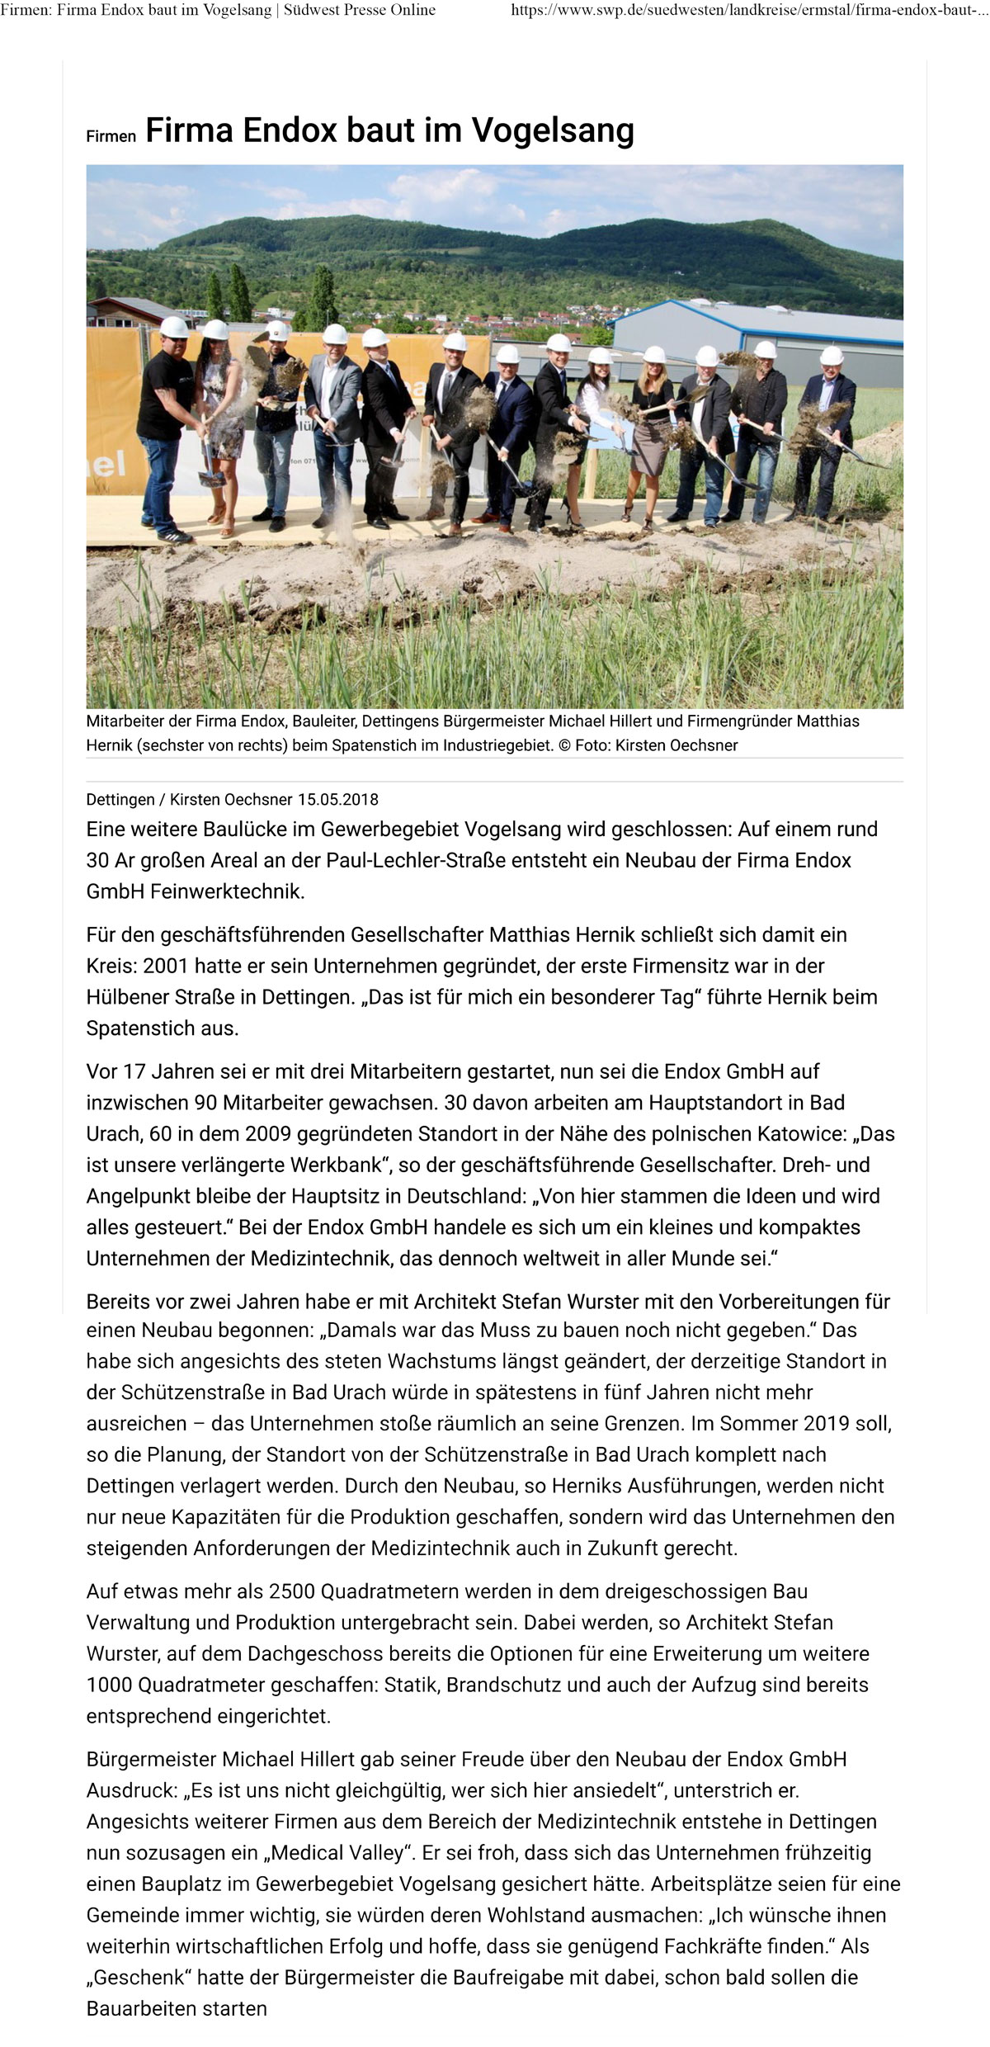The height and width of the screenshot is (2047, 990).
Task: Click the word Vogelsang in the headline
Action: (553, 131)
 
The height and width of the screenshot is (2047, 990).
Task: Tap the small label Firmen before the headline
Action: (111, 137)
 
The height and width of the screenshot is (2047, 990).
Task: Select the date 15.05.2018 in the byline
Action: (338, 799)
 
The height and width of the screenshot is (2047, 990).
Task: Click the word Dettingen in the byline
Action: (120, 799)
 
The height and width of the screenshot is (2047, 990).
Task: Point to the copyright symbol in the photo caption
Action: (564, 745)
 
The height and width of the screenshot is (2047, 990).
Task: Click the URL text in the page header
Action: (747, 11)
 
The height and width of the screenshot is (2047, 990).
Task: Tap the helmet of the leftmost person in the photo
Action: (174, 328)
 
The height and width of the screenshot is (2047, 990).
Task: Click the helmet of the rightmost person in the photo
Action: (832, 356)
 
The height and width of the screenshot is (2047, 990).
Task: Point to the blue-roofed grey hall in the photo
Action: (759, 330)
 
